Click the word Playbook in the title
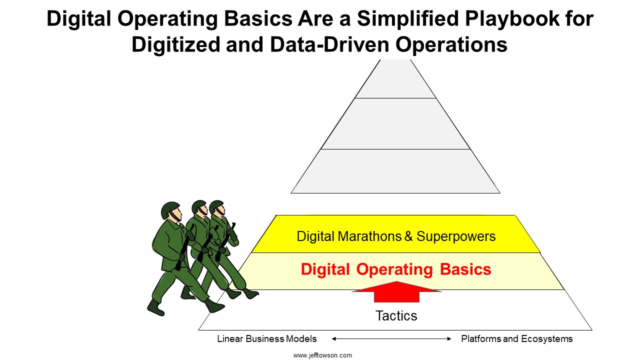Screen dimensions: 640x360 512,19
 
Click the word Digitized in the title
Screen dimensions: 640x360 175,45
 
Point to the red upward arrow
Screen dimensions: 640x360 396,291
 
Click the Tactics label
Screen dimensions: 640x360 396,315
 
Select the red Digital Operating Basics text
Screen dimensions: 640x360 396,269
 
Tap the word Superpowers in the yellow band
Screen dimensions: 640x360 456,236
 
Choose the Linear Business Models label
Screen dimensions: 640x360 267,339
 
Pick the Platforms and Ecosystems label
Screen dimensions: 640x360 517,339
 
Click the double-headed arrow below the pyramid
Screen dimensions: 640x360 391,339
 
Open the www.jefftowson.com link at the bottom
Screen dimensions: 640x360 322,355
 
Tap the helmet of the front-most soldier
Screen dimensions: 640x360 169,209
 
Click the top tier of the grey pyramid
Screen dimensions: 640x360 395,79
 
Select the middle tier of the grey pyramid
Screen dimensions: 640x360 395,123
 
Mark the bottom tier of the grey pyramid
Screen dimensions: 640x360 395,171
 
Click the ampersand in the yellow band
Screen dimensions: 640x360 408,236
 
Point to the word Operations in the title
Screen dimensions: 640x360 451,45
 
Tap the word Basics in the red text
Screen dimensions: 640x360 465,269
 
